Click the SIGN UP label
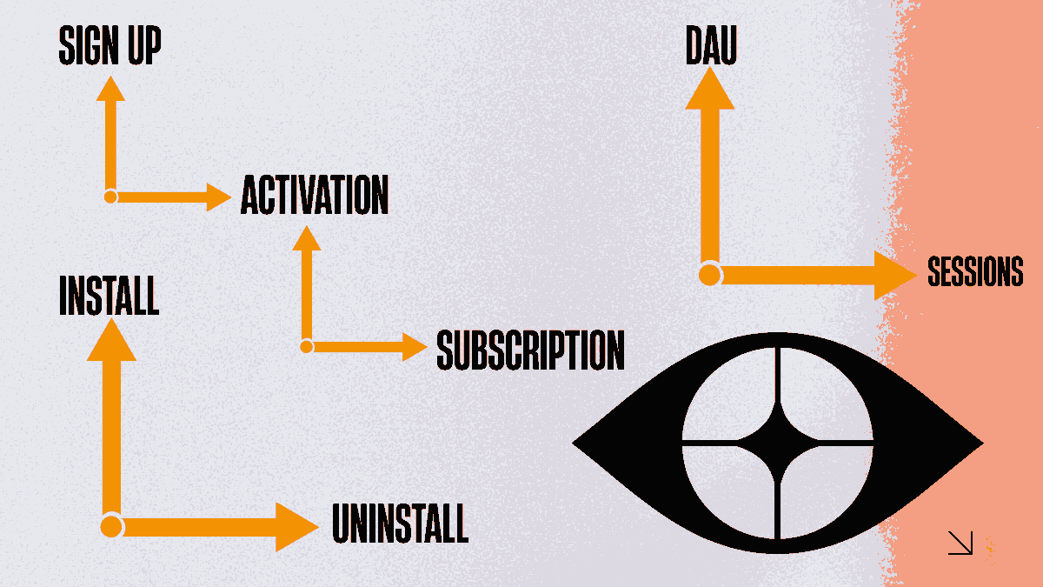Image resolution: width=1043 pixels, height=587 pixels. point(110,46)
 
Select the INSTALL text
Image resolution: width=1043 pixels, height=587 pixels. point(109,296)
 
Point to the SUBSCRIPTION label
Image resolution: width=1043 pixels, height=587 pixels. point(530,350)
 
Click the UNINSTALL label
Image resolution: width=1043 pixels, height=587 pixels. point(400,524)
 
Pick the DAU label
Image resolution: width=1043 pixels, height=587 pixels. point(710,45)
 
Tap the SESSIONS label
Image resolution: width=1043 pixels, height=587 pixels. point(975,273)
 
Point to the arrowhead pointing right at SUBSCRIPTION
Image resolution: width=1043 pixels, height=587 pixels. point(414,347)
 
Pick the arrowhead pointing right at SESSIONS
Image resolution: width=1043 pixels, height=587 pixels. point(895,275)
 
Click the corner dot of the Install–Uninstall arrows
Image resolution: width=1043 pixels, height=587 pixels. point(111,526)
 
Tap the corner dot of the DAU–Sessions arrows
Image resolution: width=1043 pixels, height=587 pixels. point(710,275)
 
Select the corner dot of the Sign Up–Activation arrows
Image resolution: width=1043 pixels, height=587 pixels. point(110,197)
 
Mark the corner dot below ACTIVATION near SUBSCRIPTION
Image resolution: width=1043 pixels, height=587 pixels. point(306,347)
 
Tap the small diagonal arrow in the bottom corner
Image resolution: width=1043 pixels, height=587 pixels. point(960,544)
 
